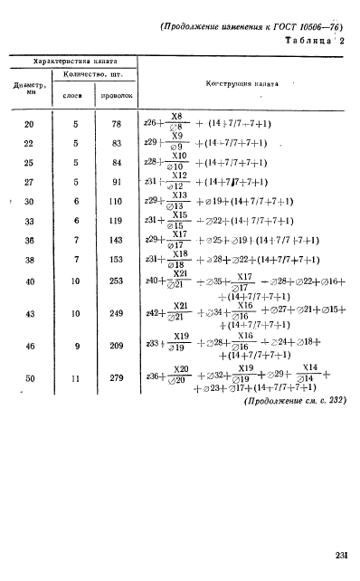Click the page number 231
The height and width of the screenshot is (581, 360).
tap(340, 555)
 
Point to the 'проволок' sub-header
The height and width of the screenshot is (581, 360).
tap(117, 93)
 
